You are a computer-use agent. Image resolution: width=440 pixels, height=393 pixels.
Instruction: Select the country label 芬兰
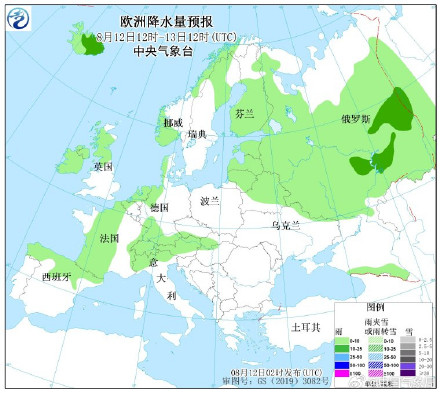(244, 114)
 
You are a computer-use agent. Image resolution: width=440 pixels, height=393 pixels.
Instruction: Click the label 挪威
(172, 121)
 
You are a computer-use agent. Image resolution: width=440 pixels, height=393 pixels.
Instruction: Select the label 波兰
(210, 200)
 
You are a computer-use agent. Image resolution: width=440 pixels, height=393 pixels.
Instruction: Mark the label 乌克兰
(285, 226)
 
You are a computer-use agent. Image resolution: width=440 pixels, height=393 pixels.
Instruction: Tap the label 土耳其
(302, 326)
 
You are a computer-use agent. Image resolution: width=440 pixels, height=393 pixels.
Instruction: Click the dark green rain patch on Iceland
(93, 45)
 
